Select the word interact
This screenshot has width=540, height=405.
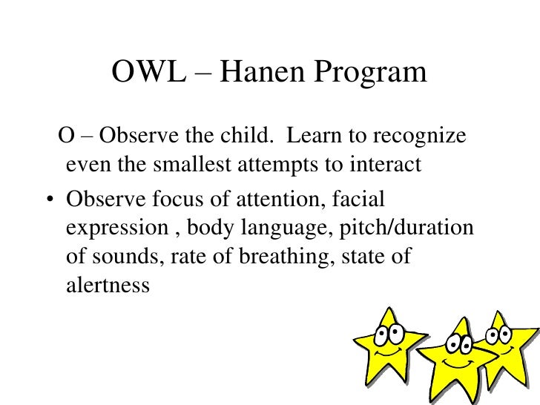pyautogui.click(x=385, y=165)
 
